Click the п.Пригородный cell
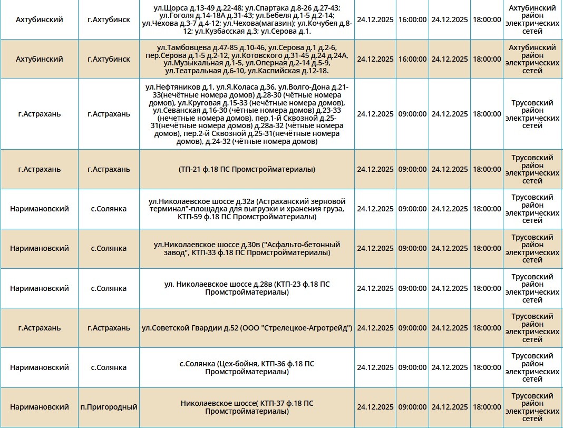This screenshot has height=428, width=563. point(109,407)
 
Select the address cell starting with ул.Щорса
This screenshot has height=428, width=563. point(247,20)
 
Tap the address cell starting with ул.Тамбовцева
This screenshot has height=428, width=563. point(247,59)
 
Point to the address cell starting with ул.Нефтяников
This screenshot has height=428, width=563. point(247,114)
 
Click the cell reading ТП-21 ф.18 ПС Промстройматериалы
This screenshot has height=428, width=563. point(247,169)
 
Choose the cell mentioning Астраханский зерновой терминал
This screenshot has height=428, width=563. point(247,209)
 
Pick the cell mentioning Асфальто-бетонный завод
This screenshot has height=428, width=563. point(247,249)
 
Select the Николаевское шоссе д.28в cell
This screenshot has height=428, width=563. point(247,288)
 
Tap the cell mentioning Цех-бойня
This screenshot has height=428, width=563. point(247,367)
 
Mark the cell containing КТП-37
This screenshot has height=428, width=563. point(247,407)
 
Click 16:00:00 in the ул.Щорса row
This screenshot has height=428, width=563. point(413,20)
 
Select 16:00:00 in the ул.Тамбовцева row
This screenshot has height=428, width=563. point(413,59)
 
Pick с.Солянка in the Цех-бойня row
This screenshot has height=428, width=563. point(109,367)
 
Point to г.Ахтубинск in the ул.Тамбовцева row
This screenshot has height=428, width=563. point(109,59)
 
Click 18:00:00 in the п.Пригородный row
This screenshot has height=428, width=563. point(487,407)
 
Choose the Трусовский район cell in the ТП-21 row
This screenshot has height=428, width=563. point(532,169)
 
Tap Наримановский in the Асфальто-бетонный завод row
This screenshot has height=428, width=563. point(40,249)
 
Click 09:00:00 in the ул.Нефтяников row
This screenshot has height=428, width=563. point(413,114)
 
